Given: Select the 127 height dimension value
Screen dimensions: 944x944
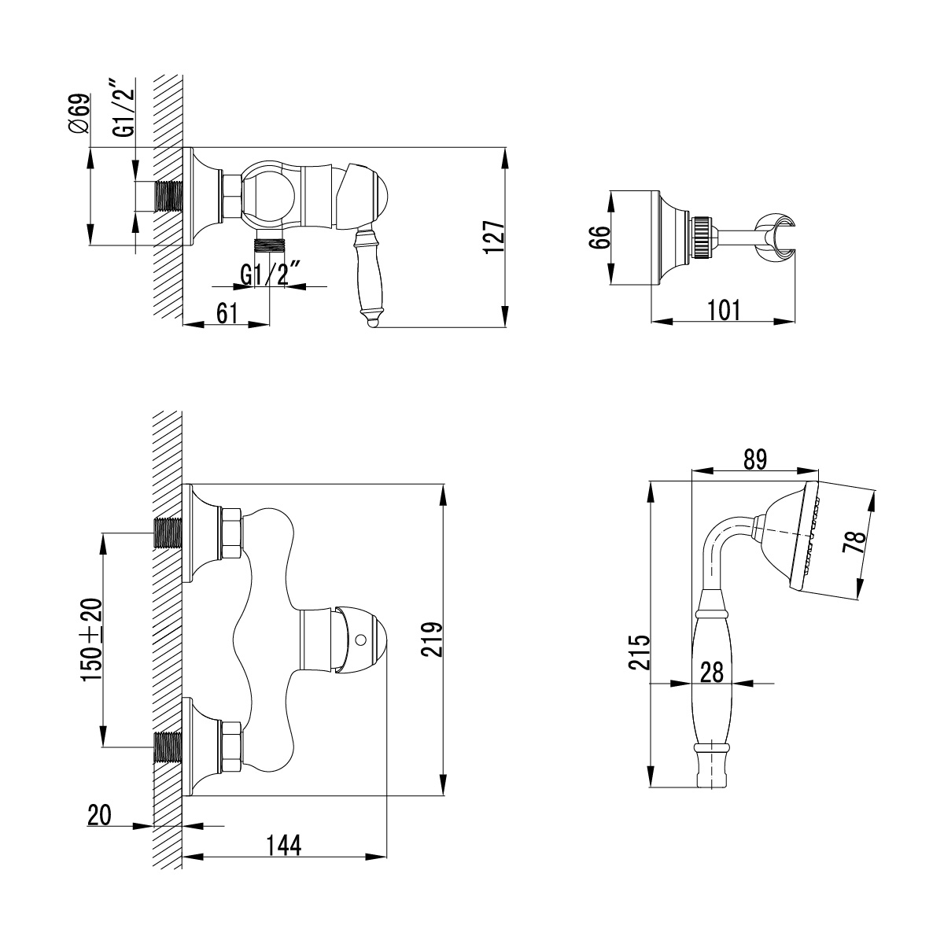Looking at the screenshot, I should pos(493,237).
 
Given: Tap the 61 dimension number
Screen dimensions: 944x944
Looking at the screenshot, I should pos(227,312).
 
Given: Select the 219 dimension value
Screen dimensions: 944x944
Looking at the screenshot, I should pos(432,642).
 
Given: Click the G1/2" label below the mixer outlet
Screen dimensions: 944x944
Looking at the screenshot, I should pos(272,275).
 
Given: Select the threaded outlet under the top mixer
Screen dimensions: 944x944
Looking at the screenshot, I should pos(271,243).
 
